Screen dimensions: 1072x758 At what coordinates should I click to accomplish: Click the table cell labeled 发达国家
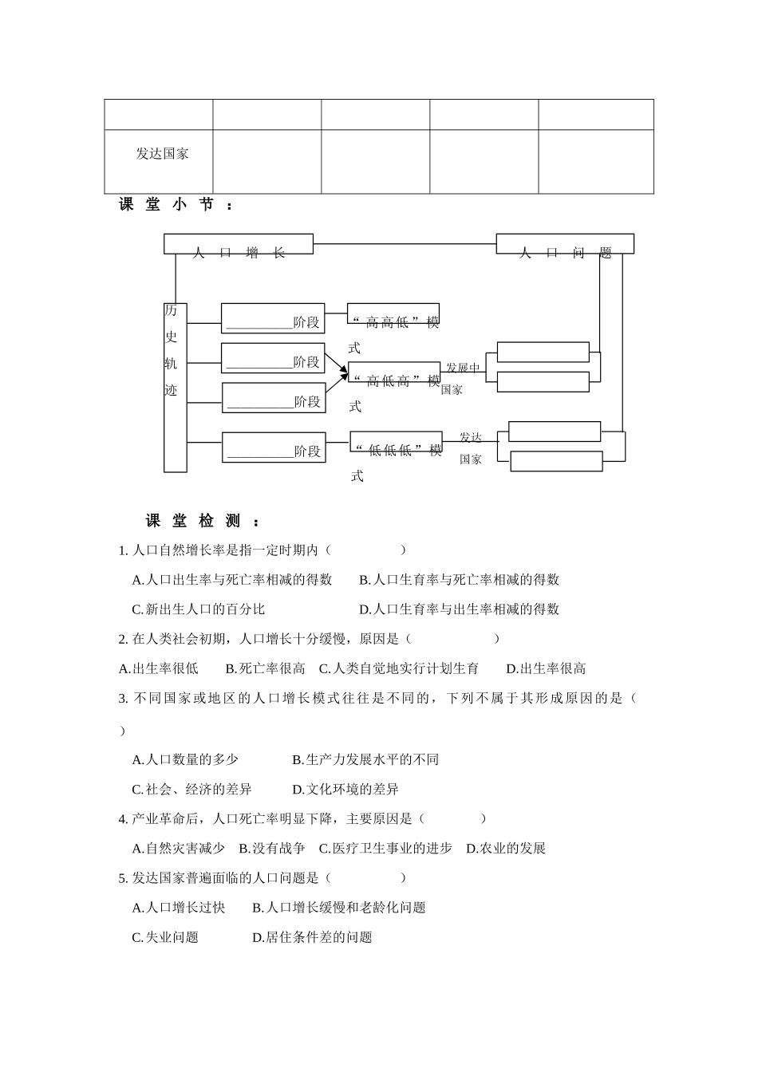pyautogui.click(x=162, y=154)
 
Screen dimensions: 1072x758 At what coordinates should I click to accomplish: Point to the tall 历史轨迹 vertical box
pyautogui.click(x=175, y=387)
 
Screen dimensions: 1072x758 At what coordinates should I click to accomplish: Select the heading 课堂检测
pyautogui.click(x=203, y=522)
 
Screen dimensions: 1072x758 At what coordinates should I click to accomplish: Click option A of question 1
pyautogui.click(x=232, y=580)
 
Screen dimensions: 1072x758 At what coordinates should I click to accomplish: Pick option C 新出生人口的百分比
pyautogui.click(x=199, y=609)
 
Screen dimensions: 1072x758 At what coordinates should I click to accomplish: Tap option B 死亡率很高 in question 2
pyautogui.click(x=266, y=668)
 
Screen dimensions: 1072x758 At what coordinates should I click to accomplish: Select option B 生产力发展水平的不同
pyautogui.click(x=365, y=759)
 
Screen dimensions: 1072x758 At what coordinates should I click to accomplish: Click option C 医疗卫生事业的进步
pyautogui.click(x=385, y=848)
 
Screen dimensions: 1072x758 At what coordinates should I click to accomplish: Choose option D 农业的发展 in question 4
pyautogui.click(x=506, y=848)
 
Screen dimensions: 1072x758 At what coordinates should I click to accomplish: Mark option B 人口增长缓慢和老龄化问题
pyautogui.click(x=339, y=907)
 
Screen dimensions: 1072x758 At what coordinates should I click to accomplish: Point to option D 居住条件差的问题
pyautogui.click(x=312, y=937)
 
